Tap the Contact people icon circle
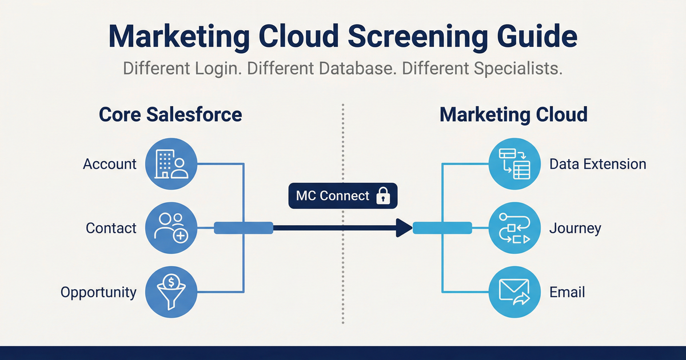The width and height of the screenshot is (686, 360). tap(171, 228)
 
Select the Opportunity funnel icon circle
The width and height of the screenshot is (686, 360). tap(171, 292)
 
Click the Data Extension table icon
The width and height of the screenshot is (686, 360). tap(514, 163)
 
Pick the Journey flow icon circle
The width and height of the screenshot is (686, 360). tap(514, 228)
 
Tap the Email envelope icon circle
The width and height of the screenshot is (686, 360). tap(514, 292)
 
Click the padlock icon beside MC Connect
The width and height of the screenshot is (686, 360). tap(382, 197)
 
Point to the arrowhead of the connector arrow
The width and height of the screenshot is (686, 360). tap(404, 228)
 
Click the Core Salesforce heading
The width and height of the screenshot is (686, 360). tap(170, 114)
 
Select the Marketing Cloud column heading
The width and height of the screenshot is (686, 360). tap(513, 114)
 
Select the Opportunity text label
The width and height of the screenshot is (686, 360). tap(98, 293)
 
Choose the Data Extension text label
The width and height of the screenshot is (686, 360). tap(597, 164)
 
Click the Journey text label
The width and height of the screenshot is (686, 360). tap(575, 229)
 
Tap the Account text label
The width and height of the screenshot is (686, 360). tap(110, 164)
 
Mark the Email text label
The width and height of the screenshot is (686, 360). tap(567, 293)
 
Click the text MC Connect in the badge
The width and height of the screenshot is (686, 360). tap(333, 196)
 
